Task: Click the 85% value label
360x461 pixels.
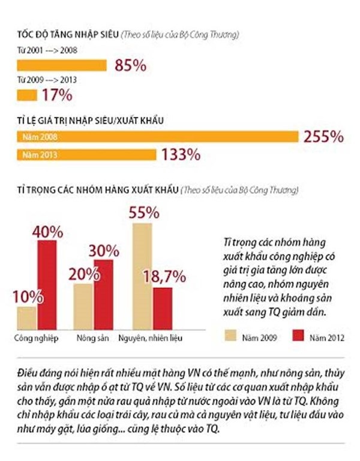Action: (x=128, y=65)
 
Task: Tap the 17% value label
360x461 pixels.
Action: (x=57, y=94)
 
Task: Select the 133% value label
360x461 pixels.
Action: (x=181, y=155)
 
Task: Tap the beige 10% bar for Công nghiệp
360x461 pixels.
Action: (x=27, y=316)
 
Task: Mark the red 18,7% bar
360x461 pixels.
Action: (x=162, y=307)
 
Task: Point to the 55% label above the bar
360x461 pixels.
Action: (x=144, y=212)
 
